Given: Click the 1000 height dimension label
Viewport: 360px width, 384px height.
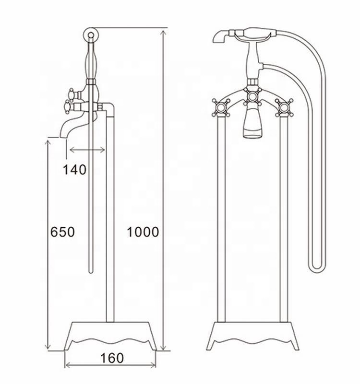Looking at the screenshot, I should coord(143,232).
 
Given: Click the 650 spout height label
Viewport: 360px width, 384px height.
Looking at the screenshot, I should coord(62,232).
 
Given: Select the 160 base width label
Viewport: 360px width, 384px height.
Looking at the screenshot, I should coord(112,358).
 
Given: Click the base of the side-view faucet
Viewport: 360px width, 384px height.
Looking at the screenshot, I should coord(111,336).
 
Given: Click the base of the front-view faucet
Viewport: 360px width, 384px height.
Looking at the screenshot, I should coord(252,336).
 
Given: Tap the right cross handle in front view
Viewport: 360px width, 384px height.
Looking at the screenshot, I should coord(284,106).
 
